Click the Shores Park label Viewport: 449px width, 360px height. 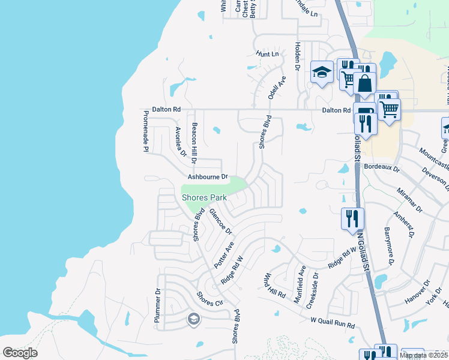pyautogui.click(x=204, y=197)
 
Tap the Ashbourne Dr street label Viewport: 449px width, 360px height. pyautogui.click(x=208, y=177)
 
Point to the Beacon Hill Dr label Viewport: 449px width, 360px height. pyautogui.click(x=194, y=143)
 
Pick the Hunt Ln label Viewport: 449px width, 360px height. pyautogui.click(x=267, y=54)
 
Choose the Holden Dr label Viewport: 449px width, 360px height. pyautogui.click(x=297, y=55)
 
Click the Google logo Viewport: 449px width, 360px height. pyautogui.click(x=20, y=353)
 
